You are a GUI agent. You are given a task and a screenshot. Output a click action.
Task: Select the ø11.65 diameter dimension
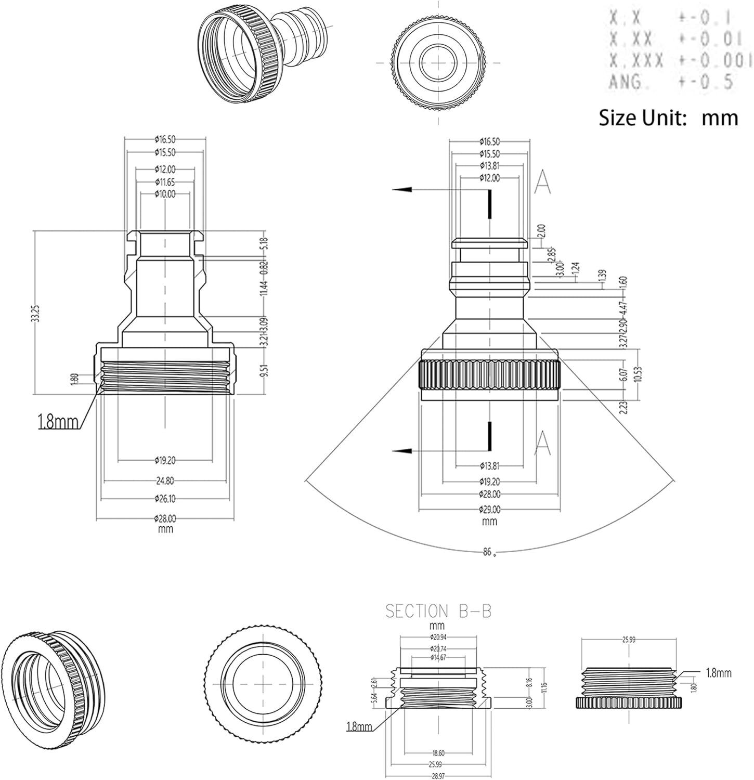click(x=165, y=181)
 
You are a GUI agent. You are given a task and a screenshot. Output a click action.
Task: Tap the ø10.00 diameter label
click(x=165, y=194)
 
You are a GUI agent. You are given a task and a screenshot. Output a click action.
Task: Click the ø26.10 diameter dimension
click(x=165, y=499)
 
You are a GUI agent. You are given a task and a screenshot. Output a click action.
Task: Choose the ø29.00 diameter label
click(x=489, y=509)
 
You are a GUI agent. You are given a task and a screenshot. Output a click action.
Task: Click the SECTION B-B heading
click(x=438, y=610)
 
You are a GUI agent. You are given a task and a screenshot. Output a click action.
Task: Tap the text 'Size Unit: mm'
click(x=668, y=118)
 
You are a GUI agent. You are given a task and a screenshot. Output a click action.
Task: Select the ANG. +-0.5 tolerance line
click(x=671, y=82)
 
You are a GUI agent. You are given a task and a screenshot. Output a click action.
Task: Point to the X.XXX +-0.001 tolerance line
click(x=681, y=60)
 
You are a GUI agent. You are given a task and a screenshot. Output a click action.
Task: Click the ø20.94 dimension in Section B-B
click(x=438, y=638)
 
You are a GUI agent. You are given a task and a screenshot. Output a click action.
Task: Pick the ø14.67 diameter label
click(x=438, y=657)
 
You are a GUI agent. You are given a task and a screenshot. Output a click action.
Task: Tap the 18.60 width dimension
click(x=438, y=752)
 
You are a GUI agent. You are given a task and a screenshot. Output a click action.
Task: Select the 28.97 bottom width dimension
click(x=438, y=775)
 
